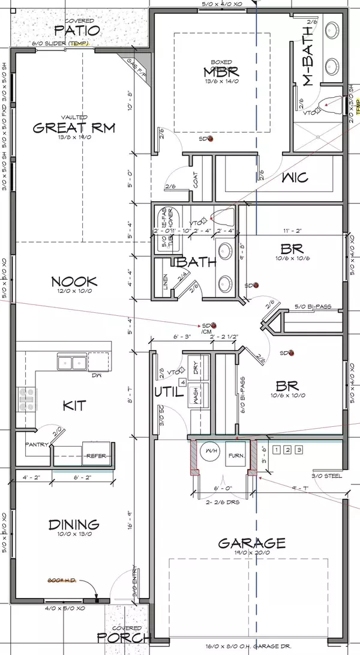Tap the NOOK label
pos(74,282)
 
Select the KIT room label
pos(74,406)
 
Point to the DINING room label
pos(74,525)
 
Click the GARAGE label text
pos(251,543)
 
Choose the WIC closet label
pos(295,177)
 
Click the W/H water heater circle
pos(211,451)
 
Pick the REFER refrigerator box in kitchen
pos(95,456)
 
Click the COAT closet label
pos(197,178)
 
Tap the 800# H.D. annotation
pos(60,581)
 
